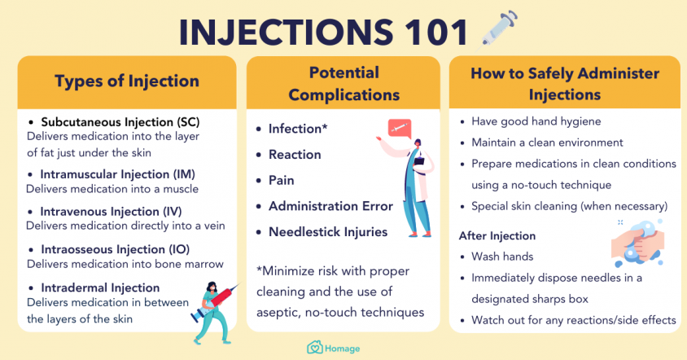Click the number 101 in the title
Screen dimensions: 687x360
436,33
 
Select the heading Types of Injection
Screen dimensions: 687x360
127,81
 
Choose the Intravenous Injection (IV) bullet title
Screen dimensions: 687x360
111,212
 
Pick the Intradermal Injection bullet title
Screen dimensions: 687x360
100,288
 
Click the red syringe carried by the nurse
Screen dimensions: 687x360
216,301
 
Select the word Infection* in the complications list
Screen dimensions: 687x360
298,129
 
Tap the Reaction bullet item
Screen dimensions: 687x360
295,155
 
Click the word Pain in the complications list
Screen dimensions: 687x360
282,180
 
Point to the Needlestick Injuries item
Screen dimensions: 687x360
328,232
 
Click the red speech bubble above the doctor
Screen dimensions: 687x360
400,128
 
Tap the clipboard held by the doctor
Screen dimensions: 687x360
419,160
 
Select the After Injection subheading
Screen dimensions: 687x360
497,236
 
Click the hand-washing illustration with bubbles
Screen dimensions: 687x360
638,243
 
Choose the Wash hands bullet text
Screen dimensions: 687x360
502,257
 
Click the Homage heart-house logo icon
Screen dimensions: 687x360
314,348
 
